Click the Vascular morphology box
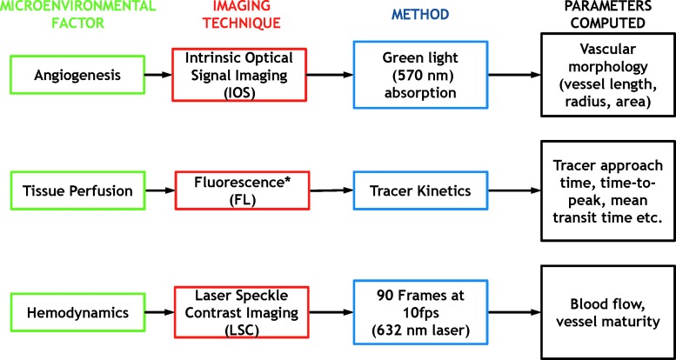click(607, 75)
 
